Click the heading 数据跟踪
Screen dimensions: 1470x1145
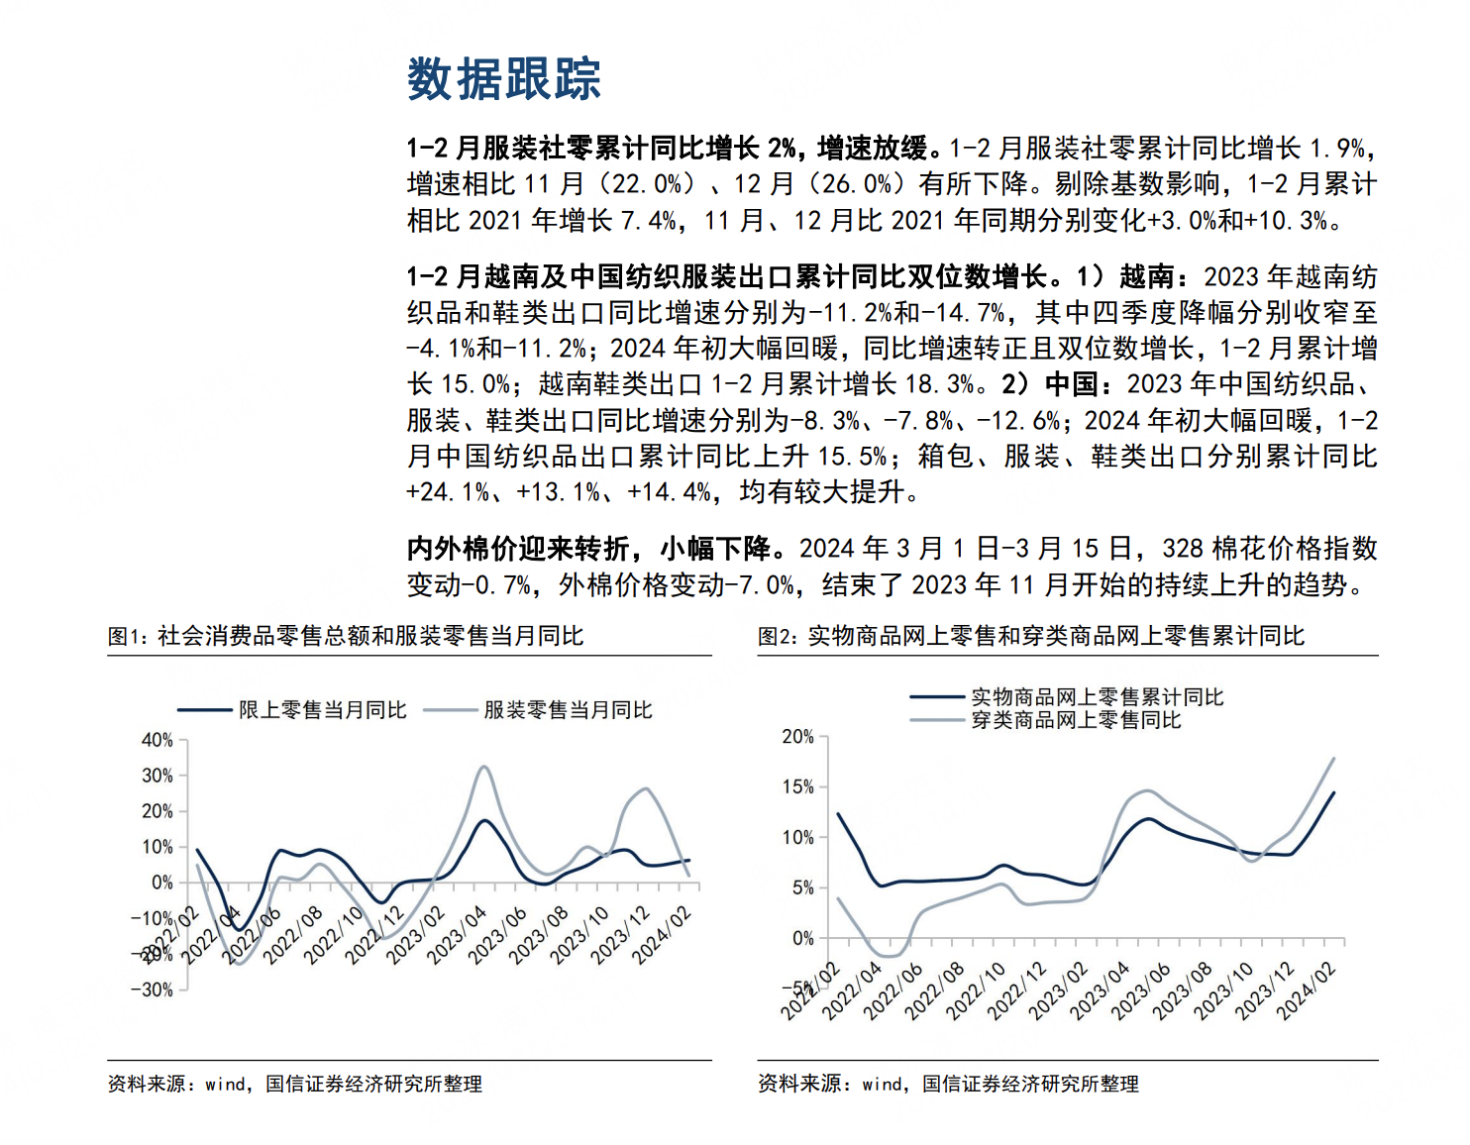504,79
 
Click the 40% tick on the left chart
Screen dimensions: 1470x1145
157,740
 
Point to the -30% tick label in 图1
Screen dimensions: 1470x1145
153,990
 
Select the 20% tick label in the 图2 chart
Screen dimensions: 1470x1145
798,737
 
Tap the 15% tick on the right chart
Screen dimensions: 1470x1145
798,787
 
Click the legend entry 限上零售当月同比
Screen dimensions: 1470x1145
292,710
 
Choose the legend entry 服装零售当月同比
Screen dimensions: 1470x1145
538,710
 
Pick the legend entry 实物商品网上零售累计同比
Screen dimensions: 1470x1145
1067,696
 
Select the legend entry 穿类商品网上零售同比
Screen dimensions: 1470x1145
1046,720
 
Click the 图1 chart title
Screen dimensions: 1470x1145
346,636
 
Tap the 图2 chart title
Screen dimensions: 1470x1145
1031,636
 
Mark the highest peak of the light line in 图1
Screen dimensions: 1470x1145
483,767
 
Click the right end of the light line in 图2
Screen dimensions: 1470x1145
1334,758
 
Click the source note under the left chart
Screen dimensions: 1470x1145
295,1085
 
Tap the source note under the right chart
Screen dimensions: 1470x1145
948,1085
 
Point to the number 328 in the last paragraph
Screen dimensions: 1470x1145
1183,549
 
